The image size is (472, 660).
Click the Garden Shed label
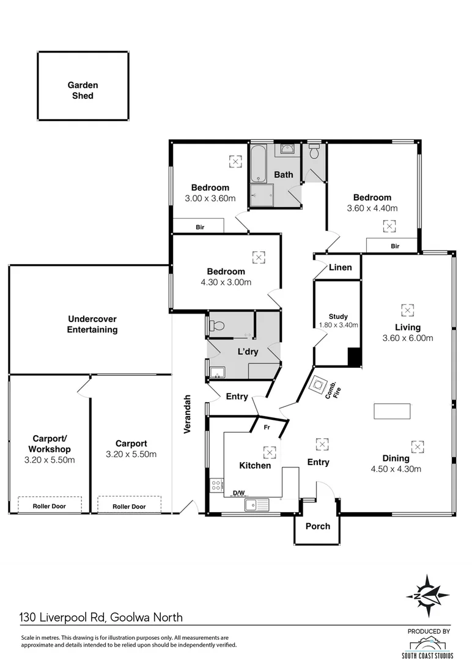83,90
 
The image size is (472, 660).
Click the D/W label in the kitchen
238,493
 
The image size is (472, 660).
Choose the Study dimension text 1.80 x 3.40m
338,325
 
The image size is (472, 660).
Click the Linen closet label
340,268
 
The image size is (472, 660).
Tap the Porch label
317,526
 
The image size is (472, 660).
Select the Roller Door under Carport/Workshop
50,506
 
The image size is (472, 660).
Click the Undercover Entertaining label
92,324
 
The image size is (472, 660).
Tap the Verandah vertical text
188,414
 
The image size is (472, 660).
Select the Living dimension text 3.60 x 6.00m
407,338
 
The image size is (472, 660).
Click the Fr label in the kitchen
267,428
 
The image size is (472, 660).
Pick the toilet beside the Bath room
314,152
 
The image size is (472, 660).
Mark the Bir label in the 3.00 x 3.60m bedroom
200,227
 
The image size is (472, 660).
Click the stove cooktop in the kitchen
216,485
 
